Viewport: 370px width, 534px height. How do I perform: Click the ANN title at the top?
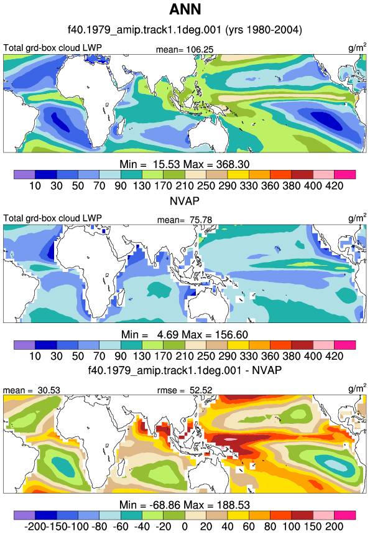[185, 9]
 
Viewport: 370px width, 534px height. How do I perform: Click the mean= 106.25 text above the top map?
[185, 50]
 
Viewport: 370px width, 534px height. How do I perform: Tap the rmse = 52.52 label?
[185, 390]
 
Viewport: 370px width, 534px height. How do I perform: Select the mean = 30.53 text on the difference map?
[32, 390]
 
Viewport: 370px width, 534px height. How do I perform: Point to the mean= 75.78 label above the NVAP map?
[185, 220]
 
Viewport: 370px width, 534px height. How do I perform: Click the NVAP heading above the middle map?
[185, 201]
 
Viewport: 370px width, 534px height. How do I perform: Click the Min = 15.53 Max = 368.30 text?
[185, 164]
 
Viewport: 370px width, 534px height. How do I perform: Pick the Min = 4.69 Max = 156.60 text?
[185, 334]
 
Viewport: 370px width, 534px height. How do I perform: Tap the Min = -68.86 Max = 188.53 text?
[185, 505]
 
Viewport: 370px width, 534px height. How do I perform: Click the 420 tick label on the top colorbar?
[335, 185]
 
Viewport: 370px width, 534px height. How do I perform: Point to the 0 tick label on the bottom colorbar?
[185, 526]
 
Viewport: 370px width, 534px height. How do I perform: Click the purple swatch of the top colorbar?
[24, 174]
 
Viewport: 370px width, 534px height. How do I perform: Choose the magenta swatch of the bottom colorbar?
[345, 515]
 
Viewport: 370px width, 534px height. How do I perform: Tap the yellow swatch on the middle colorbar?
[238, 345]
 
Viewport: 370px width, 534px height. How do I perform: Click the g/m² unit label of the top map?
[358, 48]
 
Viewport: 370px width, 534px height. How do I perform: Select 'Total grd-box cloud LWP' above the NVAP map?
[52, 218]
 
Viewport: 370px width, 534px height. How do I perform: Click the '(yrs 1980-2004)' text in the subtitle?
[264, 30]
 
